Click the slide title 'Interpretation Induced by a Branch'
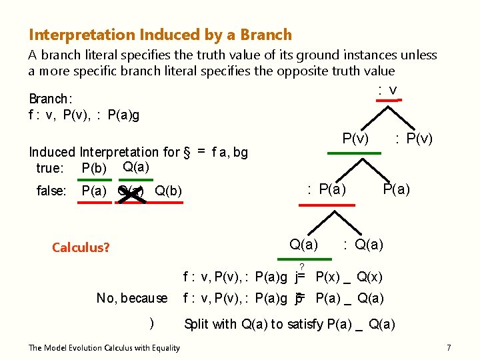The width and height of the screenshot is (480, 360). [x=160, y=35]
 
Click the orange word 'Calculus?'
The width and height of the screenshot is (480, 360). [x=81, y=247]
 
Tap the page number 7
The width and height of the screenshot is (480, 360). [x=449, y=348]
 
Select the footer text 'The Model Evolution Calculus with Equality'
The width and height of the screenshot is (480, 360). [x=104, y=348]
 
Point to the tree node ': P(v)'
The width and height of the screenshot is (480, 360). [x=413, y=139]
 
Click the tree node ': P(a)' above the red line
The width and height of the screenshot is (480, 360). [x=326, y=189]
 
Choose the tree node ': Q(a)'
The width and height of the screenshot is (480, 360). [x=363, y=245]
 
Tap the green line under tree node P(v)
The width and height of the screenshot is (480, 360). [x=355, y=153]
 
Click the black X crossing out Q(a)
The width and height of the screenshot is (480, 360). [x=131, y=192]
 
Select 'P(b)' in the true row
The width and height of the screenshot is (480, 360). [x=94, y=168]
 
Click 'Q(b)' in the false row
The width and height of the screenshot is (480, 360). [x=169, y=191]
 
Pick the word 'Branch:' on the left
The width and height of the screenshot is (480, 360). [x=51, y=100]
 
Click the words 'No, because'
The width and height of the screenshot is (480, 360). [x=132, y=298]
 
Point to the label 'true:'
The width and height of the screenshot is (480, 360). [x=50, y=168]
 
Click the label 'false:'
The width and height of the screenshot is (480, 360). [x=51, y=191]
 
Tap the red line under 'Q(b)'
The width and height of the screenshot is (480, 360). [x=168, y=201]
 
